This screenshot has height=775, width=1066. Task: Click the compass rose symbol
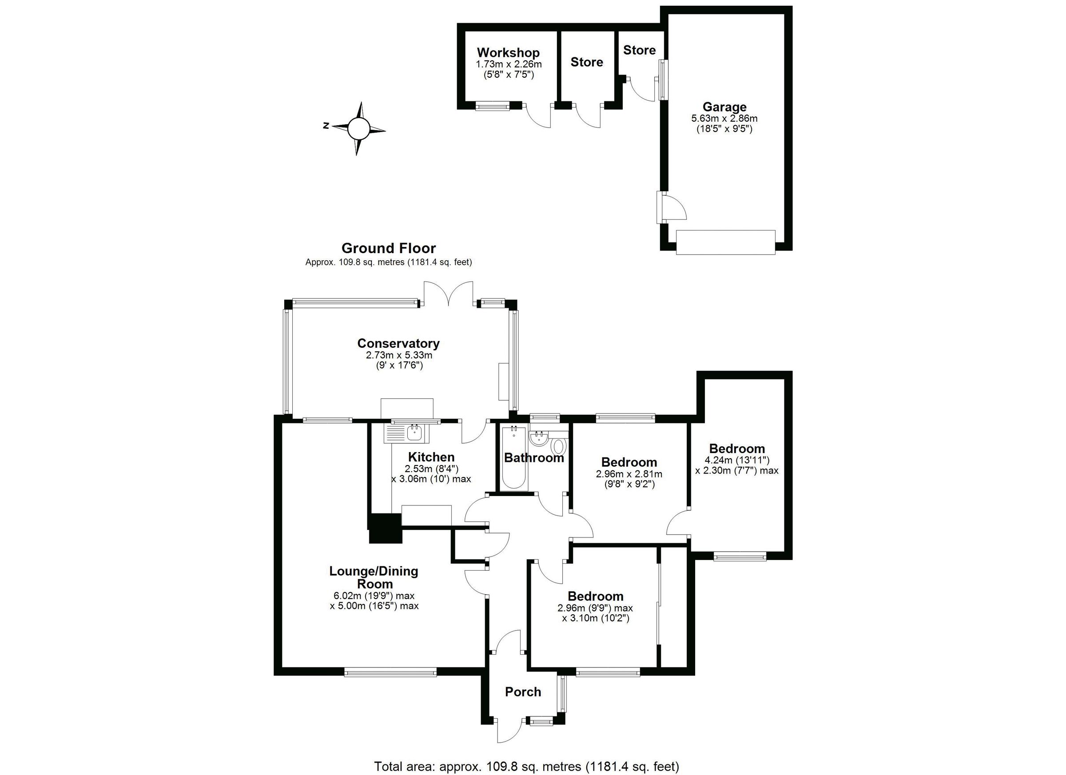(359, 128)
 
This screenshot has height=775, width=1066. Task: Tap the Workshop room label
(508, 53)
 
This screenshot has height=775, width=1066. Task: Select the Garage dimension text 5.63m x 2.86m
(724, 119)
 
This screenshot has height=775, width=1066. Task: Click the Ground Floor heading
(388, 248)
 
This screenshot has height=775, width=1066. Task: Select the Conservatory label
(398, 343)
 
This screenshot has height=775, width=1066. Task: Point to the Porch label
(523, 692)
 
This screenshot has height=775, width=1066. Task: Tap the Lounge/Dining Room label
(374, 577)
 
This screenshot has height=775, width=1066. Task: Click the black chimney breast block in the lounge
(386, 528)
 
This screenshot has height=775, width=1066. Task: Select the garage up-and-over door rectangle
(725, 242)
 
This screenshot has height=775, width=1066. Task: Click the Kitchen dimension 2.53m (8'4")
(431, 469)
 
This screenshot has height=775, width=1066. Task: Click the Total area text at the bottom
(526, 767)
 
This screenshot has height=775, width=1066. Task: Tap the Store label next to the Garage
(639, 50)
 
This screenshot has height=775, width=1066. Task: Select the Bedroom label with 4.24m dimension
(736, 449)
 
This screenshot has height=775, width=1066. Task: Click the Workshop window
(492, 107)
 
